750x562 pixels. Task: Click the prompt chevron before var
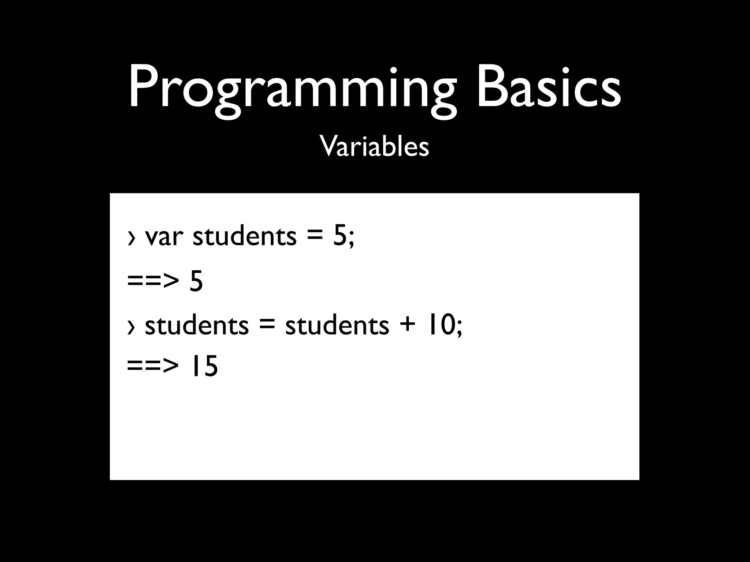click(131, 238)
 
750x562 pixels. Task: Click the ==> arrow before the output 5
click(153, 282)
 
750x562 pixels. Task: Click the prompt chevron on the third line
click(131, 327)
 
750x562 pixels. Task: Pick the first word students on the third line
click(197, 325)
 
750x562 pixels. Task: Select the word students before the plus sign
click(337, 325)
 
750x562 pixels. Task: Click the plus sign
click(407, 325)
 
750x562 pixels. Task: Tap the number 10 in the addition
click(439, 325)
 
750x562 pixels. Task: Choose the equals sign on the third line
click(267, 325)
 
